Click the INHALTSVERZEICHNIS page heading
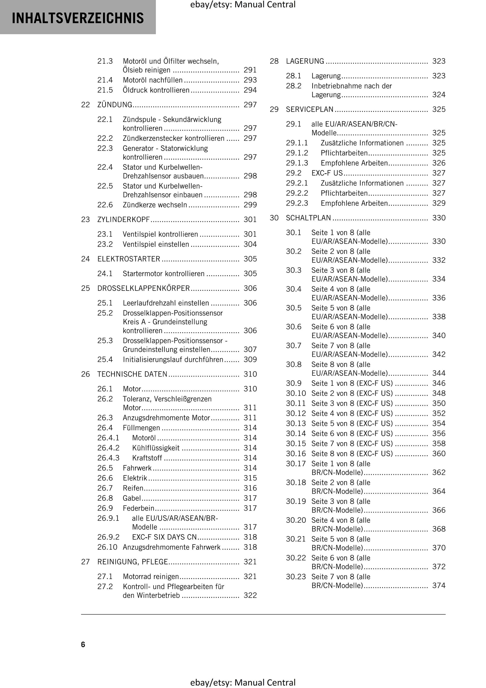click(78, 18)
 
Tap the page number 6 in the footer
click(83, 644)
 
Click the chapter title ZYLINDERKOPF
click(123, 220)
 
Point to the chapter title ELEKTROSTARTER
click(129, 259)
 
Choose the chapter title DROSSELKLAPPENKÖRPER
click(144, 288)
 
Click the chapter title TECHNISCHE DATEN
click(132, 374)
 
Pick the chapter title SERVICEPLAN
click(309, 109)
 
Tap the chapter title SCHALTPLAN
click(308, 218)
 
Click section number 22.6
click(105, 205)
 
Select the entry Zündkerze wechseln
click(155, 205)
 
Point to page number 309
click(250, 359)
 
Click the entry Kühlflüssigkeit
click(156, 448)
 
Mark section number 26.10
click(107, 547)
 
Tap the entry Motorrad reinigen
click(151, 577)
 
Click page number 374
click(439, 585)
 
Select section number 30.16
click(296, 454)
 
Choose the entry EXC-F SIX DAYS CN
click(164, 537)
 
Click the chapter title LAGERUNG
click(305, 61)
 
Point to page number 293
click(250, 80)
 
